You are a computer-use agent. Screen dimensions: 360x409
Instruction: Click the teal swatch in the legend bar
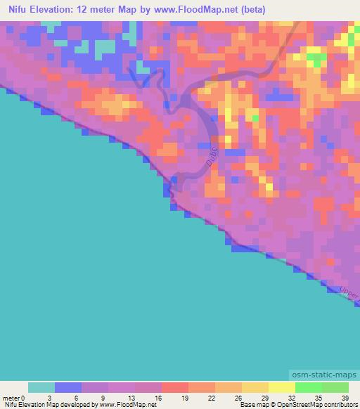[x=41, y=387]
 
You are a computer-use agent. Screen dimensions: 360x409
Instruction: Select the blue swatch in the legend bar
[x=68, y=387]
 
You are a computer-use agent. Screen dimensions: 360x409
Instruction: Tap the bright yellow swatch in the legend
[x=281, y=387]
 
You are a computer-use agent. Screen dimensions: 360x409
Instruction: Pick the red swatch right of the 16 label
[x=175, y=387]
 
